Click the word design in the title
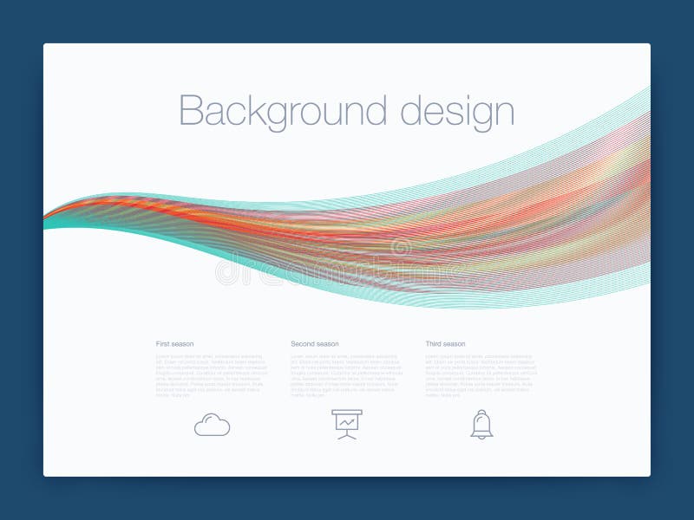click(457, 112)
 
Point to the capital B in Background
click(190, 111)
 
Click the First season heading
click(174, 344)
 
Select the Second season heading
click(314, 344)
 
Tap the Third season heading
click(445, 344)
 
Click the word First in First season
click(162, 344)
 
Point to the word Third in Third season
click(434, 344)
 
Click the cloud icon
click(213, 425)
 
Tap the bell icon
click(481, 424)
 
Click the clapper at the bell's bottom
click(481, 436)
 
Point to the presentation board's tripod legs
click(347, 435)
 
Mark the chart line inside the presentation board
click(347, 422)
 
